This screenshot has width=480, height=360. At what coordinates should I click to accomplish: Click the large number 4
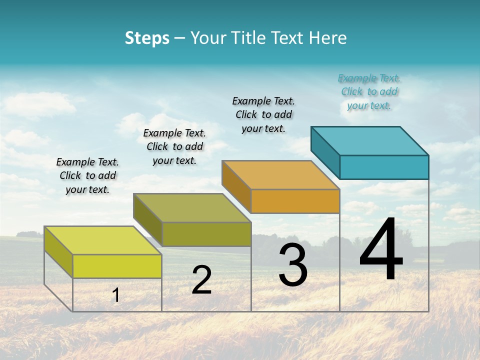pyautogui.click(x=381, y=250)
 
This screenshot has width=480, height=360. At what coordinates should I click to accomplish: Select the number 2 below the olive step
pyautogui.click(x=201, y=280)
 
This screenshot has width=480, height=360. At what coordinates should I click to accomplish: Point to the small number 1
pyautogui.click(x=116, y=295)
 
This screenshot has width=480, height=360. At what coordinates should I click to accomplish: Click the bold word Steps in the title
pyautogui.click(x=147, y=38)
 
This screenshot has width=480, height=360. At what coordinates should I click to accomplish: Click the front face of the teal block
pyautogui.click(x=384, y=167)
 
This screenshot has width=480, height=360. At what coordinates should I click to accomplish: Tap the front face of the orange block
pyautogui.click(x=295, y=201)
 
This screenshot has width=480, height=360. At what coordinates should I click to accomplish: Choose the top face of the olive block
pyautogui.click(x=192, y=207)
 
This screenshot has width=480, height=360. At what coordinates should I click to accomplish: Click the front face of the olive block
pyautogui.click(x=206, y=234)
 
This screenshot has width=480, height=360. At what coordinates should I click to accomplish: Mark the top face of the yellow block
pyautogui.click(x=103, y=240)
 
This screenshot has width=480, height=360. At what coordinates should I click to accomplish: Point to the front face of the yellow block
pyautogui.click(x=117, y=266)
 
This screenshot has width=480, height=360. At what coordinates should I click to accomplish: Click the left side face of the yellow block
pyautogui.click(x=58, y=251)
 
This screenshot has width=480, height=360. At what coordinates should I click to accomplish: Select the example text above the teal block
pyautogui.click(x=369, y=92)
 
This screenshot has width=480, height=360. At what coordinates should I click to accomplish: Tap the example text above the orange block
pyautogui.click(x=263, y=114)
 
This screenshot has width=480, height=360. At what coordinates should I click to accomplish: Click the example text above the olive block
pyautogui.click(x=174, y=146)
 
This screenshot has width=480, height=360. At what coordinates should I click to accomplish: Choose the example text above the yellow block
pyautogui.click(x=87, y=175)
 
